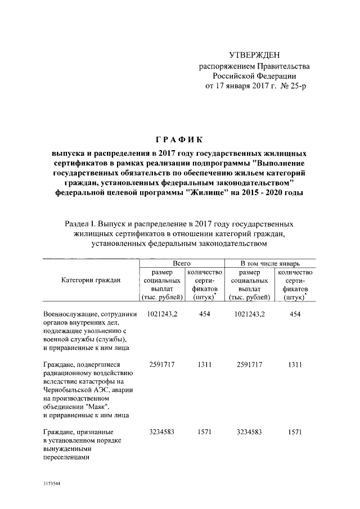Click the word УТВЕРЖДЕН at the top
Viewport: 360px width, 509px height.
pos(254,55)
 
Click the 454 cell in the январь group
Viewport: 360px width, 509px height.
pos(295,313)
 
